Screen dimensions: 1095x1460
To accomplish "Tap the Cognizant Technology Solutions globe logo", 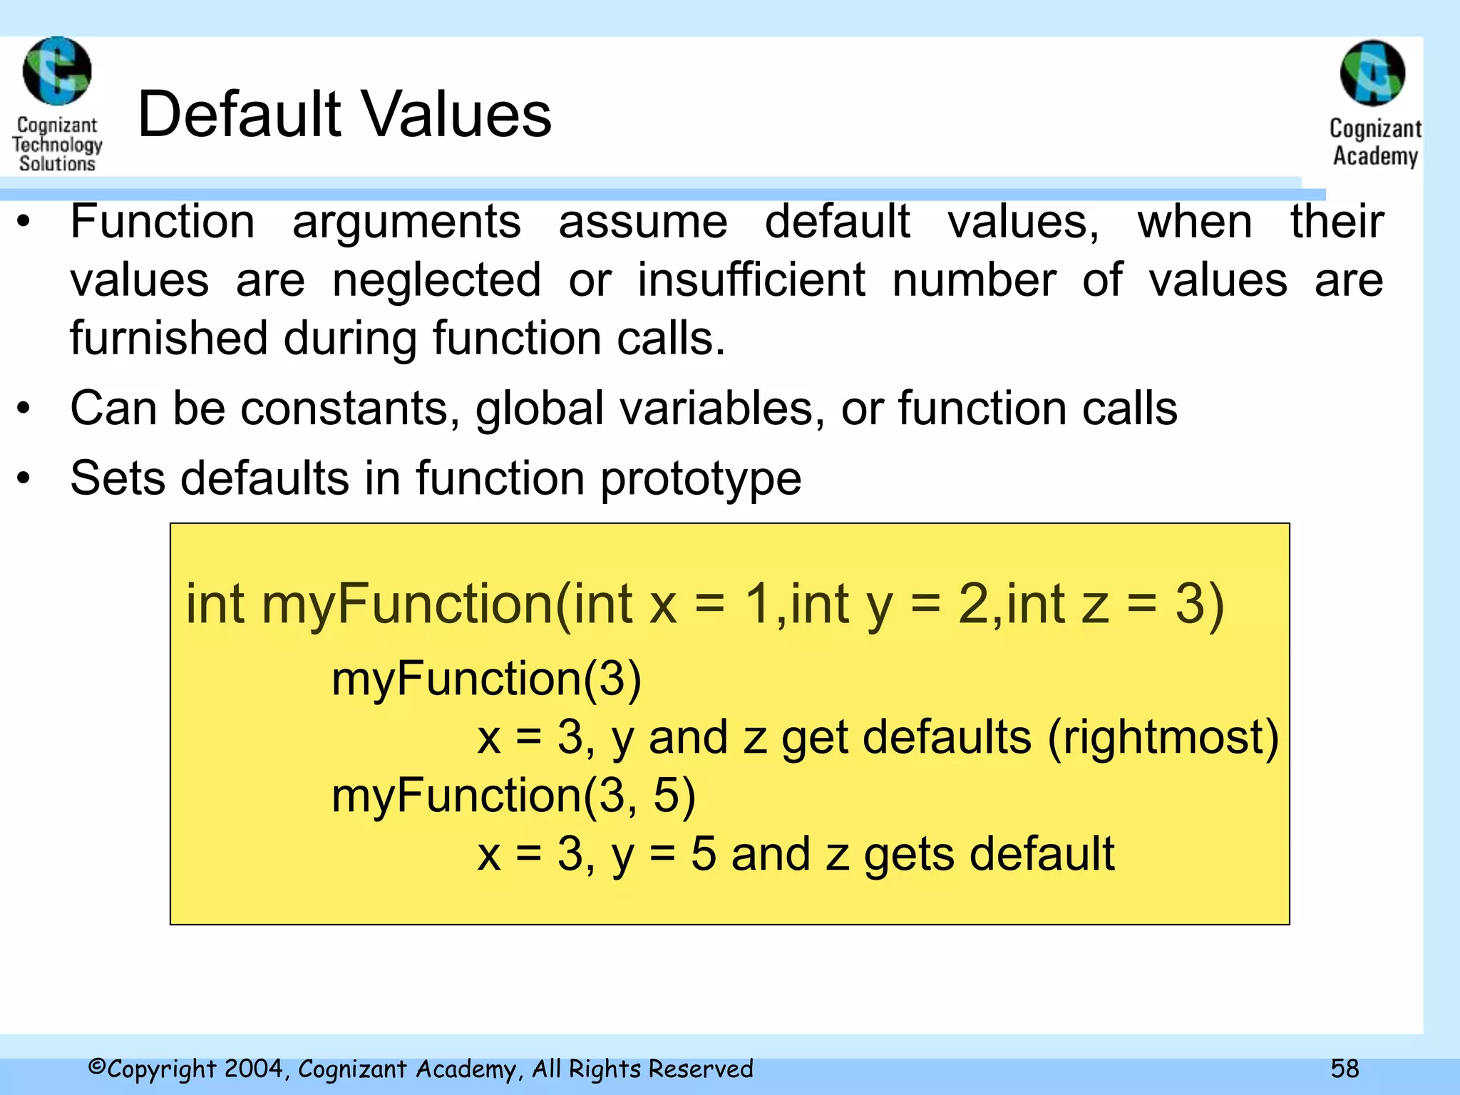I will click(57, 71).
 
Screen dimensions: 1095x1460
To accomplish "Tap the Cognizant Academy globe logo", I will click(1372, 73).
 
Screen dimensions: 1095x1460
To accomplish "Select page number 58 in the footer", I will click(1345, 1068).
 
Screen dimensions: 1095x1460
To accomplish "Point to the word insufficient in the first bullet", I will click(751, 279).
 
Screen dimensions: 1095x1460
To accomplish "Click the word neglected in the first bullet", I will click(436, 279).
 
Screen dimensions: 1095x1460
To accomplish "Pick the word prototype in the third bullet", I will click(701, 479).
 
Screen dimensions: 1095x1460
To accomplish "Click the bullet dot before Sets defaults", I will click(24, 478).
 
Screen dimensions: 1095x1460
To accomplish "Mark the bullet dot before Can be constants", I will click(24, 408).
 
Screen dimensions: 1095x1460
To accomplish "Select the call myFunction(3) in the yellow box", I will click(486, 678).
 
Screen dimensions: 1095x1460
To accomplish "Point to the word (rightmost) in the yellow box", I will click(1163, 736).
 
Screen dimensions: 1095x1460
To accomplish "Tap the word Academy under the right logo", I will click(1375, 156).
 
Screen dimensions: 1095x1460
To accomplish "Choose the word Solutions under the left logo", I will click(57, 163).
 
